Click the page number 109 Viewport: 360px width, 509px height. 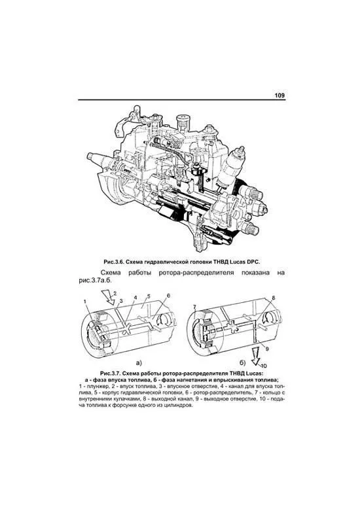click(x=279, y=96)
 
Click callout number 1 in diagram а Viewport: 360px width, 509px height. click(x=85, y=302)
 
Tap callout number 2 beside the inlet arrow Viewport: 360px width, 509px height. click(x=115, y=294)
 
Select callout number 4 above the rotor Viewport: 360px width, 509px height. click(x=135, y=297)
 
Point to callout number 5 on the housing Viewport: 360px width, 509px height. click(x=148, y=296)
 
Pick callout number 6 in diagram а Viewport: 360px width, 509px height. click(x=168, y=296)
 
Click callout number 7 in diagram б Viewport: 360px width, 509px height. click(x=194, y=307)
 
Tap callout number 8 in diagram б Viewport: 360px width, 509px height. click(x=273, y=298)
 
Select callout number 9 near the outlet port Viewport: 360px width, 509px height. click(x=267, y=349)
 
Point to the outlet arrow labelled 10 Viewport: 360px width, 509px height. click(x=256, y=356)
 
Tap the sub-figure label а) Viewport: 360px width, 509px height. click(x=139, y=363)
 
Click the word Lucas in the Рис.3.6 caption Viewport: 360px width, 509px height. click(x=239, y=262)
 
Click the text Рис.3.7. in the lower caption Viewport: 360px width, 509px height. click(x=111, y=374)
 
